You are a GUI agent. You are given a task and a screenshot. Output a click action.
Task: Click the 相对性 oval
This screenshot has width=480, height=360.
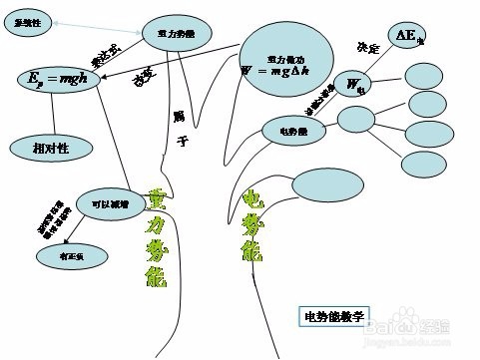click(51, 148)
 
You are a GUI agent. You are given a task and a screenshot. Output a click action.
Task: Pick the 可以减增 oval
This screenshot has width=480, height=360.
click(111, 203)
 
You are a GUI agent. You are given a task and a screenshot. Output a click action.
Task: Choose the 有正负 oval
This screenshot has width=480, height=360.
click(67, 256)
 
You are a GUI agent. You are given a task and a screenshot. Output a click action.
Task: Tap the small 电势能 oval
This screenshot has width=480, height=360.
click(294, 129)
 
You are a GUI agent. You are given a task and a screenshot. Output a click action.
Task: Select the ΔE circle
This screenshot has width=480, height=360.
click(407, 36)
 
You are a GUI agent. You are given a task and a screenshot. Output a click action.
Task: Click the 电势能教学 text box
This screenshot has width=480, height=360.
click(333, 316)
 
